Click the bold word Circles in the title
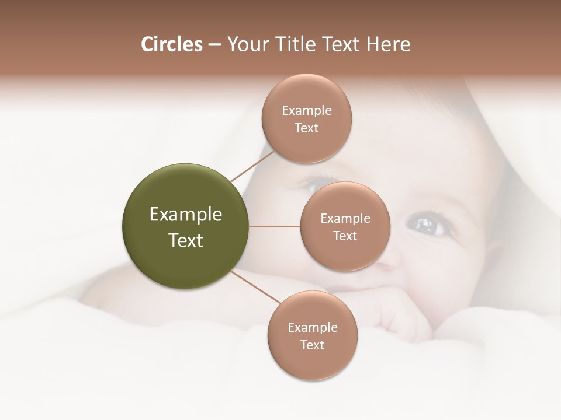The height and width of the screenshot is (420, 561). point(171,44)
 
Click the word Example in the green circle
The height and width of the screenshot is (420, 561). point(186,215)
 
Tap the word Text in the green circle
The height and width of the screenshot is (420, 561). point(186,240)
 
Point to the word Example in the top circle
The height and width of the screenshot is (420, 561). point(306,110)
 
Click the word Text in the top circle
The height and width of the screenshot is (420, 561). point(306,128)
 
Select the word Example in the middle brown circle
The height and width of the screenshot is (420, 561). point(345,218)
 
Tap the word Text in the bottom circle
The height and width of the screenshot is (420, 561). point(312,345)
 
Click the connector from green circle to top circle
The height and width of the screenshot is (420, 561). point(252,166)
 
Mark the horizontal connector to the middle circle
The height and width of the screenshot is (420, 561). point(275,226)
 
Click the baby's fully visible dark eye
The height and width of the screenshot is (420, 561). point(422,223)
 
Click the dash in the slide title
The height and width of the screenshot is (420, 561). point(214,45)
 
